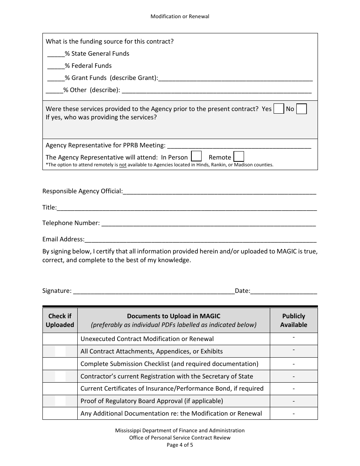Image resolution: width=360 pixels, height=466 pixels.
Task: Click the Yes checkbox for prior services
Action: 279,109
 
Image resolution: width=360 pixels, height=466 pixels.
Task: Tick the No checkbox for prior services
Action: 301,109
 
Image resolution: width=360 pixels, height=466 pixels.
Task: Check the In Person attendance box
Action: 196,156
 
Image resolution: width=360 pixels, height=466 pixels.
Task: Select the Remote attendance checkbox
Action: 239,156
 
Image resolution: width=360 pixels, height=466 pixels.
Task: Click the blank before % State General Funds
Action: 56,54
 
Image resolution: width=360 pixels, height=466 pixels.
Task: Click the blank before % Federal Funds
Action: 56,66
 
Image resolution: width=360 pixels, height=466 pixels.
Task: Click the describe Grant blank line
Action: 235,78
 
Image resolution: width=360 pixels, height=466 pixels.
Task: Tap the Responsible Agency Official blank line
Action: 219,192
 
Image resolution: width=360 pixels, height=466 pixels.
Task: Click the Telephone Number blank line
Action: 208,224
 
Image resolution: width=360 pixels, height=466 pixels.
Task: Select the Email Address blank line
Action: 200,240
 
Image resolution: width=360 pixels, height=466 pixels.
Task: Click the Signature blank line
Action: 153,291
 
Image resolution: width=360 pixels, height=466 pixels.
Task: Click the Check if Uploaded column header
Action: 60,321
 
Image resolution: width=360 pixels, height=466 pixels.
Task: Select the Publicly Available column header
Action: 294,321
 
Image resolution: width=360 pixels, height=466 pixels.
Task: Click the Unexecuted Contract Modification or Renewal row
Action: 147,339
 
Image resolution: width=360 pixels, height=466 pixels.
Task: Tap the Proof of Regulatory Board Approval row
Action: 152,401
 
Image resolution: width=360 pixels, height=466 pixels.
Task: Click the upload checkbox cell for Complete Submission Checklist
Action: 60,364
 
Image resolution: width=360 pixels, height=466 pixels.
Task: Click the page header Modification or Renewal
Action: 180,16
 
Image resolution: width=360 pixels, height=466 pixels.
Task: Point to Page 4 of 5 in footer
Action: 180,445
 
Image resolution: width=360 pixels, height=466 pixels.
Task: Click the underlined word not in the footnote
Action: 123,165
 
